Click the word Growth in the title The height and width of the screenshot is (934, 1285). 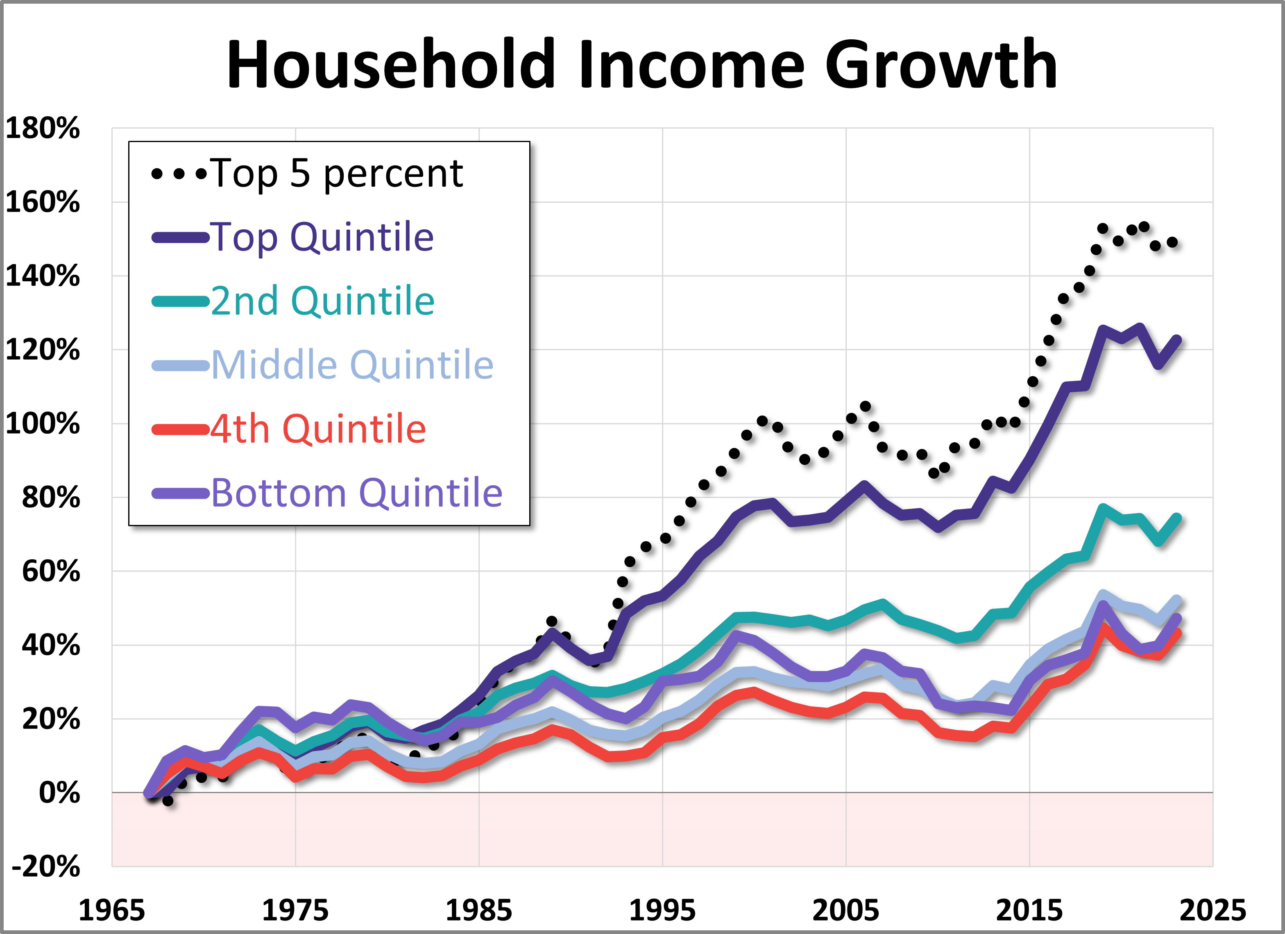click(x=941, y=65)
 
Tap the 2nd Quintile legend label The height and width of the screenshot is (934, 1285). click(x=322, y=301)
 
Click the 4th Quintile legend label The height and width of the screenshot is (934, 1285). click(x=318, y=428)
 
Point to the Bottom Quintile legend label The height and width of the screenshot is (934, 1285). click(x=356, y=492)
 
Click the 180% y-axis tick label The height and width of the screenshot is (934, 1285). click(x=43, y=128)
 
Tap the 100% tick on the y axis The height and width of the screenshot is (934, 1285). click(x=43, y=424)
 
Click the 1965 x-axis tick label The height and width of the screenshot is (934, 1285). click(x=111, y=910)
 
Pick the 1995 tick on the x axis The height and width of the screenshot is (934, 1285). click(x=662, y=910)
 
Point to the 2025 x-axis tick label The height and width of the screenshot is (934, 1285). click(x=1212, y=910)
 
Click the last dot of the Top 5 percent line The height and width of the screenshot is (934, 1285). click(x=1173, y=242)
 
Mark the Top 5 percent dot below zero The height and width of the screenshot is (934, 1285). click(x=168, y=801)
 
